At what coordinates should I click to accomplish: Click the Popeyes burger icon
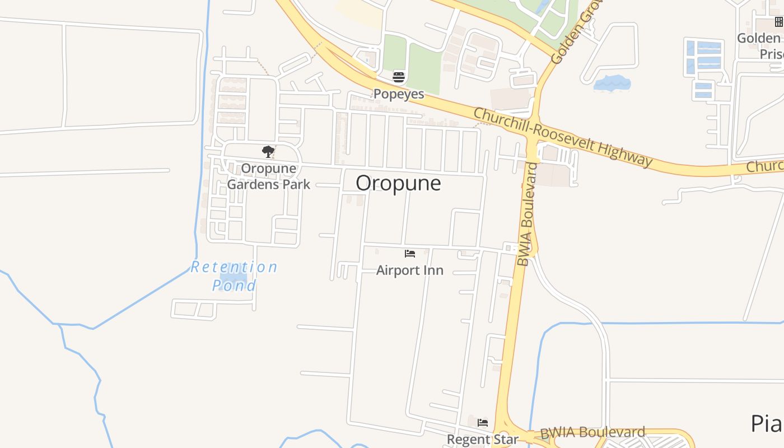pyautogui.click(x=399, y=77)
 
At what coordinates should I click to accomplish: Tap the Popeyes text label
pyautogui.click(x=399, y=94)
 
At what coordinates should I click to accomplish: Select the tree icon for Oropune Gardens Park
pyautogui.click(x=268, y=151)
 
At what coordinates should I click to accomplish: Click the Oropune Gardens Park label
pyautogui.click(x=268, y=176)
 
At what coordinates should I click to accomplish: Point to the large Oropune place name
pyautogui.click(x=398, y=183)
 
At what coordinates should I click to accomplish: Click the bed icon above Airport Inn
pyautogui.click(x=410, y=254)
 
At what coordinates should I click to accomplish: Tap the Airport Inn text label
pyautogui.click(x=410, y=270)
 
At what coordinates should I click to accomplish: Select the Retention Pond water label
pyautogui.click(x=234, y=276)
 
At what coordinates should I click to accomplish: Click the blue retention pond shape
pyautogui.click(x=233, y=278)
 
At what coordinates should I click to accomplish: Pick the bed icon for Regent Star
pyautogui.click(x=483, y=423)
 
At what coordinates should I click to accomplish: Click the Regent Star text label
pyautogui.click(x=483, y=440)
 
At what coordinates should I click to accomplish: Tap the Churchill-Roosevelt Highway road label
pyautogui.click(x=563, y=137)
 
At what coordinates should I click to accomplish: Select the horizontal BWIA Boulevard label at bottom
pyautogui.click(x=592, y=433)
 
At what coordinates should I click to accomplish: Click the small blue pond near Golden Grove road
pyautogui.click(x=612, y=83)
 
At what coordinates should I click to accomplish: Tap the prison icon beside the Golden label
pyautogui.click(x=779, y=22)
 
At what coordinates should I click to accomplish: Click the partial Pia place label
pyautogui.click(x=766, y=423)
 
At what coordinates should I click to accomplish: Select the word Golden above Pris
pyautogui.click(x=758, y=38)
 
